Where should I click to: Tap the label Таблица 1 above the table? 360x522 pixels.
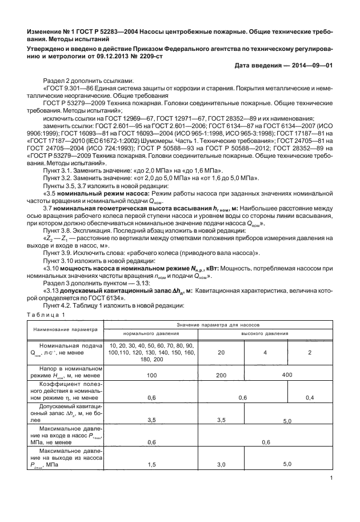click(48, 315)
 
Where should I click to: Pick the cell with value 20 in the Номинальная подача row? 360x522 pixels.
click(221, 352)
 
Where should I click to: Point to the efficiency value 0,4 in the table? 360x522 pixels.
click(310, 397)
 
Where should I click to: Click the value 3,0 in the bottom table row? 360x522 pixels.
click(221, 464)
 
